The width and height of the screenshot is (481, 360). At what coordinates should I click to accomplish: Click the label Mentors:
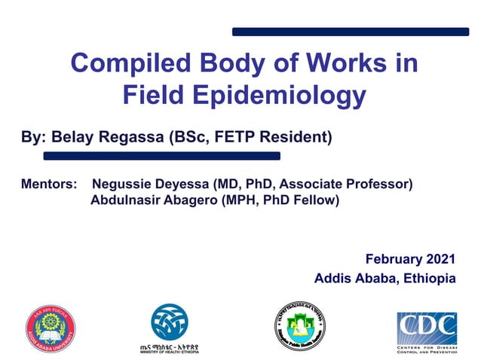(49, 185)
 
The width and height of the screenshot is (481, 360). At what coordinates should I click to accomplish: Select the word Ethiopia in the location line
(430, 278)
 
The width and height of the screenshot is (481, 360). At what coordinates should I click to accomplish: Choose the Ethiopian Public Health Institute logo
(299, 326)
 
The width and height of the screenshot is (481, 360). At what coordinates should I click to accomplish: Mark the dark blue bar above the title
(350, 32)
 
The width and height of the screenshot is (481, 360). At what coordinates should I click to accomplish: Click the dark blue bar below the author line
(161, 156)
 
